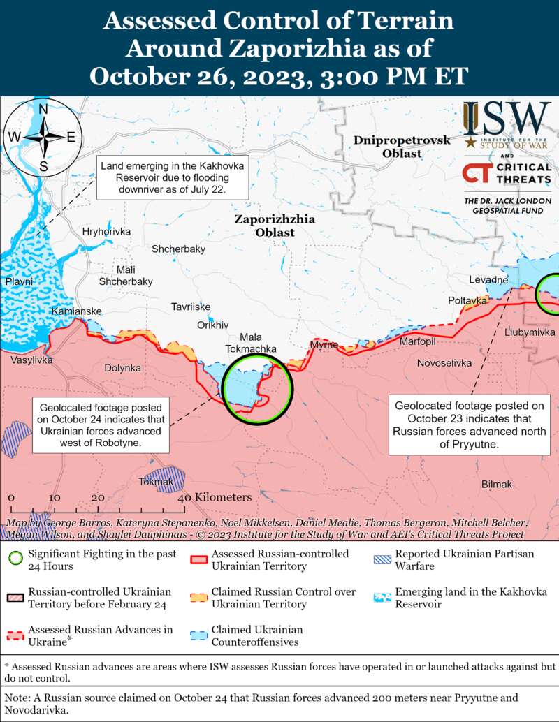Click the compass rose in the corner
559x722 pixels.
[x=43, y=136]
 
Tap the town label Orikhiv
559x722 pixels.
[x=213, y=325]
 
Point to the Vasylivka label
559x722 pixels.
[x=31, y=360]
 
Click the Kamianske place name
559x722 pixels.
[x=77, y=311]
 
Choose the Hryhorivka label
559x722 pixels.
[x=106, y=231]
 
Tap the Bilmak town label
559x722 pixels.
[x=497, y=485]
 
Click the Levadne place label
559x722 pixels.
[x=488, y=280]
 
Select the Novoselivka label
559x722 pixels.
[x=444, y=363]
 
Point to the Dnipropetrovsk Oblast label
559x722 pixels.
[x=401, y=147]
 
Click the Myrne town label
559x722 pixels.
[x=324, y=346]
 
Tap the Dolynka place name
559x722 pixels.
[x=122, y=368]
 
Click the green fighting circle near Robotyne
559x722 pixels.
[x=256, y=388]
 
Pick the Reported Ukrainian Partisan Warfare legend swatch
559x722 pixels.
[x=382, y=559]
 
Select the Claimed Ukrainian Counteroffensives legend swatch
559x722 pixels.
[x=199, y=635]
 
